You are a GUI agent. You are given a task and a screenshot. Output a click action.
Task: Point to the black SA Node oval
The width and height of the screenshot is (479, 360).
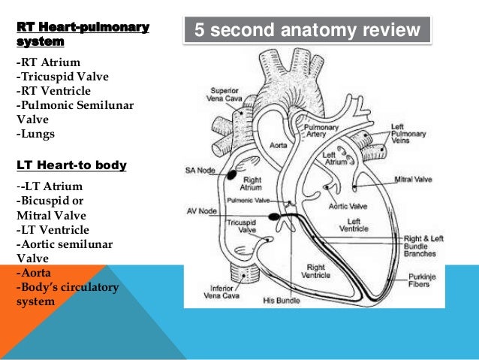click(x=232, y=174)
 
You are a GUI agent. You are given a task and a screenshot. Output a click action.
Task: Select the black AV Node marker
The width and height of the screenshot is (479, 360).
click(x=274, y=217)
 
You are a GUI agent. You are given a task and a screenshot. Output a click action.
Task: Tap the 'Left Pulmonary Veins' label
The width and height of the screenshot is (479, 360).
click(x=408, y=132)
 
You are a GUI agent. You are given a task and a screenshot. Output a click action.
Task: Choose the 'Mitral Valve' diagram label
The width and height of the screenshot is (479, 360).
click(x=414, y=180)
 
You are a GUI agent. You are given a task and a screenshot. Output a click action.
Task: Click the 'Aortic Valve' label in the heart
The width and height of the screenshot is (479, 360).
click(x=346, y=206)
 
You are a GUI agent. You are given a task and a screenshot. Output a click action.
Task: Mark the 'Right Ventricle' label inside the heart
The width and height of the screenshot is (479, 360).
click(x=315, y=271)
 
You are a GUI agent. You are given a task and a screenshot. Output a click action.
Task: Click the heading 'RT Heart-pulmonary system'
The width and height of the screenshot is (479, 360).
click(x=83, y=35)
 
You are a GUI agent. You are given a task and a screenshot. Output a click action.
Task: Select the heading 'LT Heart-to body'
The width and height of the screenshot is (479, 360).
click(x=71, y=164)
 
